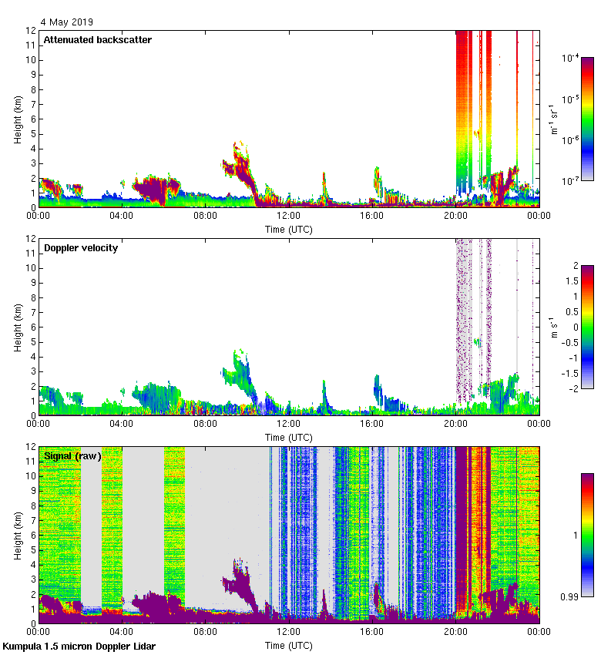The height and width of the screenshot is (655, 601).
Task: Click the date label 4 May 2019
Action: (x=66, y=22)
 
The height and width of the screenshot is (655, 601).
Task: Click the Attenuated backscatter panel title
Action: (x=97, y=40)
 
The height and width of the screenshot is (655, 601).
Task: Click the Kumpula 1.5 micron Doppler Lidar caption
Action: (x=79, y=646)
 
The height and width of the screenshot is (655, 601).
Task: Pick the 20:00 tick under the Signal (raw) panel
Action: (x=455, y=633)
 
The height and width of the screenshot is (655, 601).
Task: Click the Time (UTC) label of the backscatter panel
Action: (x=289, y=229)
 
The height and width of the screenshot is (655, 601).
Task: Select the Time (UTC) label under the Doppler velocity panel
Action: (x=289, y=437)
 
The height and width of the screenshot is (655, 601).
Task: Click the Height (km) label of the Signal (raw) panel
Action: (x=18, y=534)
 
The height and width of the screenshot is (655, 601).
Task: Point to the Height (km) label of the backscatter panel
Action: (x=18, y=119)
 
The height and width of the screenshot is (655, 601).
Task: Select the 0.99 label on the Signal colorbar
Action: (x=571, y=596)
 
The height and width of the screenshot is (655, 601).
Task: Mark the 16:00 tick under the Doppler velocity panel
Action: (x=372, y=425)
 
